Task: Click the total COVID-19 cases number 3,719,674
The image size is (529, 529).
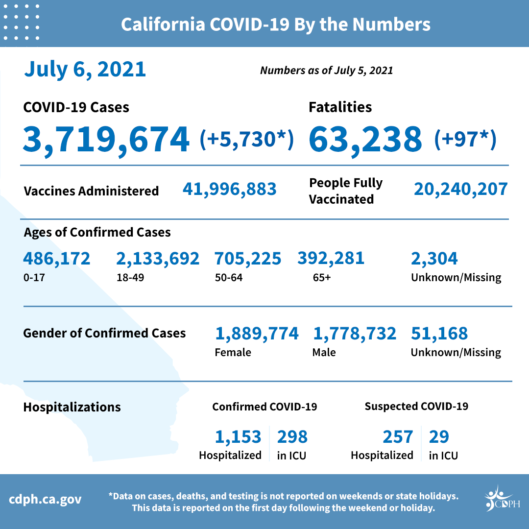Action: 106,139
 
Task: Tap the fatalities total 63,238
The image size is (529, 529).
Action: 365,139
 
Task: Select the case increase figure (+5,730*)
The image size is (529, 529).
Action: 247,139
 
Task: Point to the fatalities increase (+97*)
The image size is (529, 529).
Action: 465,139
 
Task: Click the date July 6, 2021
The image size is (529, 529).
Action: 85,70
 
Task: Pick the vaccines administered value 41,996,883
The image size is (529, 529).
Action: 229,189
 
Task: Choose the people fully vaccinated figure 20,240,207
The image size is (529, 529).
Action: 460,189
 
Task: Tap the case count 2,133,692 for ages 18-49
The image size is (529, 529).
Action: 158,258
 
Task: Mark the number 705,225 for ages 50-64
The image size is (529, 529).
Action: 248,258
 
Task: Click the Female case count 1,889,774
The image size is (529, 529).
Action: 257,334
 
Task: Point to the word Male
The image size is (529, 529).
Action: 324,352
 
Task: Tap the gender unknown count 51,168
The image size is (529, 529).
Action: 439,334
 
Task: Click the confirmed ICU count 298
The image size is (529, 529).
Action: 292,436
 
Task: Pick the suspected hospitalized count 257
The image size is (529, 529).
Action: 397,436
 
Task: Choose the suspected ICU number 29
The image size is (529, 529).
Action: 439,436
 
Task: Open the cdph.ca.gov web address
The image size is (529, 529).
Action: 46,500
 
